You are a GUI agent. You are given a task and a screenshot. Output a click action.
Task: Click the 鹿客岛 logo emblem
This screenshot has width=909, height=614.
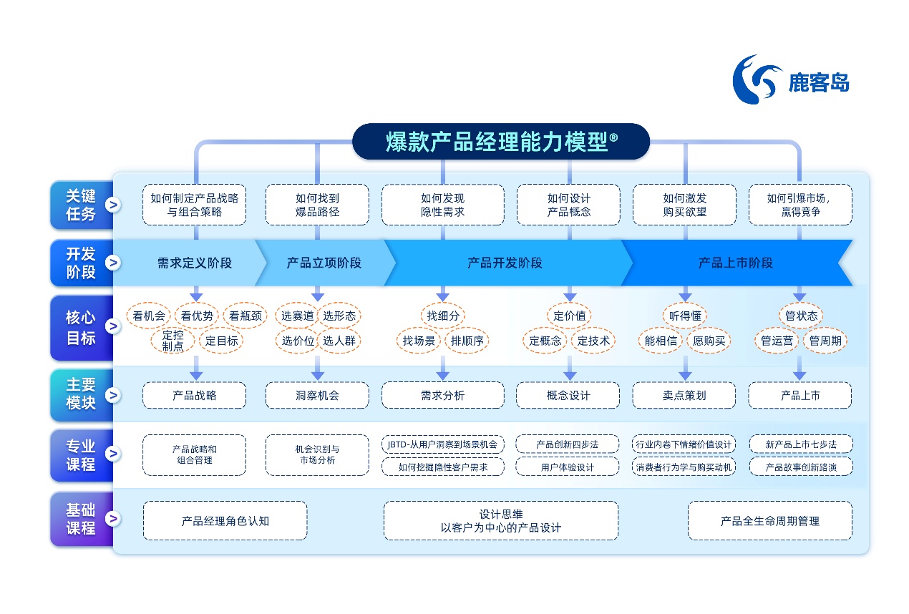coord(756,79)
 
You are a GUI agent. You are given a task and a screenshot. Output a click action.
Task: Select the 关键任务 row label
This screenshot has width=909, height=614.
coord(81,205)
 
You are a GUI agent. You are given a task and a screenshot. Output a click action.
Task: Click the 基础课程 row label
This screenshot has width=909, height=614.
coord(81,520)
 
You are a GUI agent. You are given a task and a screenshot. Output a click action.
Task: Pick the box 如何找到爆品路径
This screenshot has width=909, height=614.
coord(317,205)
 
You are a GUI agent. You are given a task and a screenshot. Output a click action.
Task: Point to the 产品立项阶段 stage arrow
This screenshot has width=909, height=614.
coord(324,263)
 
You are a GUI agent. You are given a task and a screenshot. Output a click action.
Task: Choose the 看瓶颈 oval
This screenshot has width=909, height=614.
coord(245,316)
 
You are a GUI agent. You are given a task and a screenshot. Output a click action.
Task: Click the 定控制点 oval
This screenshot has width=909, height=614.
coord(172,341)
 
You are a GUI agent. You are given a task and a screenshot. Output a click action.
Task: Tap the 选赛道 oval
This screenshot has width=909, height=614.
coord(297,316)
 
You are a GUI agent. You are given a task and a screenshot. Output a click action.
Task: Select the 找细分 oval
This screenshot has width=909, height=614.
coord(442,316)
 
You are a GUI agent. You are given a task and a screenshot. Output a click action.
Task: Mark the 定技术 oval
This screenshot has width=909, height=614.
coord(593,341)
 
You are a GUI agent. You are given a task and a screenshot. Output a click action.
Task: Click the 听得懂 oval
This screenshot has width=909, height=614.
coord(684,316)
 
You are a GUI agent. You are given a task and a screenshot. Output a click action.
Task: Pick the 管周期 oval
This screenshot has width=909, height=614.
coord(825,341)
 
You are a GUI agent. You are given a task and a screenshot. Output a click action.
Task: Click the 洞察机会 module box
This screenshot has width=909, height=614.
coord(317,395)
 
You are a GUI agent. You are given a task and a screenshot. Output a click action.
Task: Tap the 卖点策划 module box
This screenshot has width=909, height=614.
coord(684,395)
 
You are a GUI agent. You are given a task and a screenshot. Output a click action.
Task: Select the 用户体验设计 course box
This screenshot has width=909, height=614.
coord(568,467)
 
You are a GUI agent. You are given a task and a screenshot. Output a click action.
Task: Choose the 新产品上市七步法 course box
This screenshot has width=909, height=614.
coord(800,444)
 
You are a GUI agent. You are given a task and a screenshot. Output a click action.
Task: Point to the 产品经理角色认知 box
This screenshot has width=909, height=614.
coord(225,521)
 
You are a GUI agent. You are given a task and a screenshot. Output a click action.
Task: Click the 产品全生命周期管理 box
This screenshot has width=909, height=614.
coord(769,521)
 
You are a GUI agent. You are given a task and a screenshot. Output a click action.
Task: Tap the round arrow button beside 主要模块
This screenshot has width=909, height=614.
coord(112,394)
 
